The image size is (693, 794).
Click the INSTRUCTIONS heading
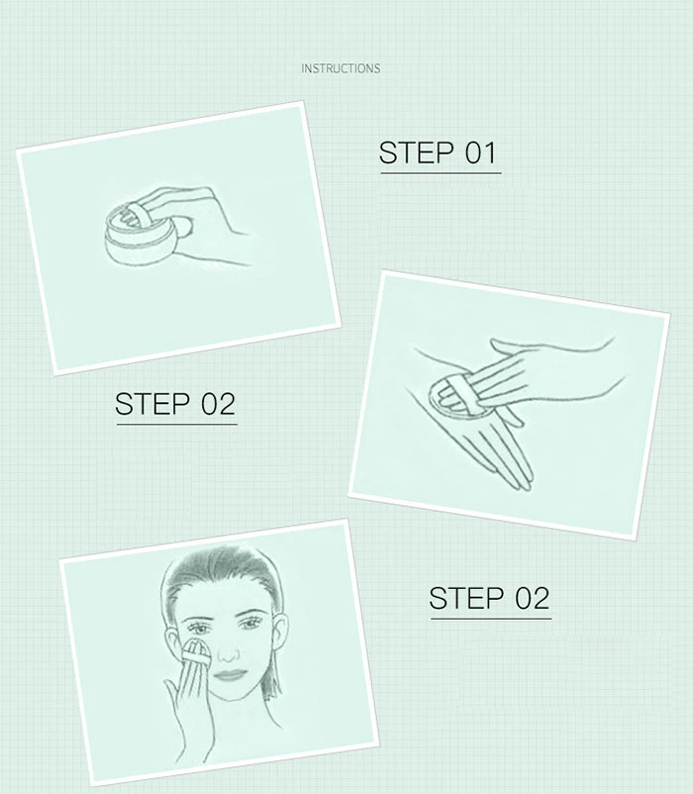pyautogui.click(x=341, y=68)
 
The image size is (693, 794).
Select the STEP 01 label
pyautogui.click(x=439, y=152)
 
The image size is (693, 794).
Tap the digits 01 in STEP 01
pyautogui.click(x=481, y=152)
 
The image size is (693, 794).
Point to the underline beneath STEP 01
pyautogui.click(x=441, y=173)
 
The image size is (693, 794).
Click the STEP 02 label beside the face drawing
pyautogui.click(x=489, y=599)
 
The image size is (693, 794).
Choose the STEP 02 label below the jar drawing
pyautogui.click(x=175, y=404)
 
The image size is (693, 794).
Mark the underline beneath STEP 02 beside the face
pyautogui.click(x=490, y=619)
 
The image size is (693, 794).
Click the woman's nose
pyautogui.click(x=229, y=653)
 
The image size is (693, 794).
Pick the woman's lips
pyautogui.click(x=230, y=675)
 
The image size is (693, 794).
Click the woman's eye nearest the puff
pyautogui.click(x=201, y=630)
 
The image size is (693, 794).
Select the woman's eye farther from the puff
pyautogui.click(x=250, y=626)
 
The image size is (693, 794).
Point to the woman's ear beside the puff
pyautogui.click(x=172, y=644)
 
